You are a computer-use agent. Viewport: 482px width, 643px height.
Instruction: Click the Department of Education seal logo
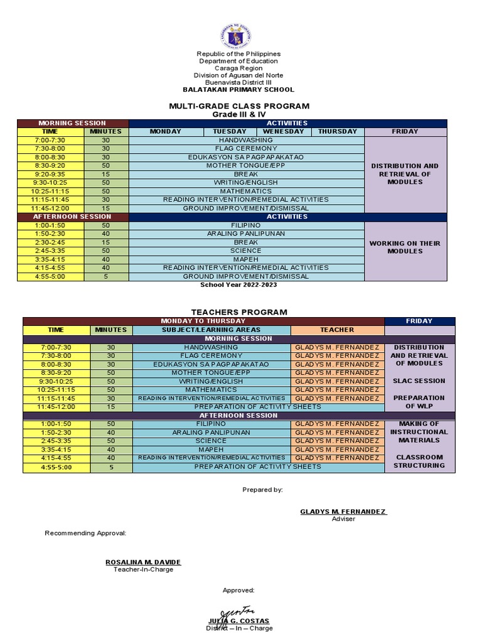coord(238,36)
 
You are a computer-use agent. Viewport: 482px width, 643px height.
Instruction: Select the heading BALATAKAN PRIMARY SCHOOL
coord(238,90)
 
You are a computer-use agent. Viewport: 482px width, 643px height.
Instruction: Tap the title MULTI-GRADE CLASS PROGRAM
coord(238,106)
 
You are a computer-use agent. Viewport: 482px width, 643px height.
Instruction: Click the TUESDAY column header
coord(229,132)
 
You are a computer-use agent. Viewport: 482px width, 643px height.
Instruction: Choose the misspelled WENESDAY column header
coord(284,132)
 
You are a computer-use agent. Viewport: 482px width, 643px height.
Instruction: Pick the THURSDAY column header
coord(337,132)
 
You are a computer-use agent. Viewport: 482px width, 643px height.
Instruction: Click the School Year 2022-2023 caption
coord(238,284)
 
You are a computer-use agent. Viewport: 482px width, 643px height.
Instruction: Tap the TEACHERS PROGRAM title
coord(238,311)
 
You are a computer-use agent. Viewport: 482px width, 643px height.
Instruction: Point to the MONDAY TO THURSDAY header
coord(203,321)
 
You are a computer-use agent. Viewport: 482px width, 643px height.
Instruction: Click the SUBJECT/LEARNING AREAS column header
coord(211,330)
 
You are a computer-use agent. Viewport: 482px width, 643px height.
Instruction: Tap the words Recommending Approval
coord(85,533)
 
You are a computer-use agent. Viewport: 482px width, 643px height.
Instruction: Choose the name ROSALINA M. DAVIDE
coord(134,562)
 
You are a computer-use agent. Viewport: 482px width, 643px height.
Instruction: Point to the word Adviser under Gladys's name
coord(343,519)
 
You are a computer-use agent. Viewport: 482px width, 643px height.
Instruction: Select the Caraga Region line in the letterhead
coord(238,68)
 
